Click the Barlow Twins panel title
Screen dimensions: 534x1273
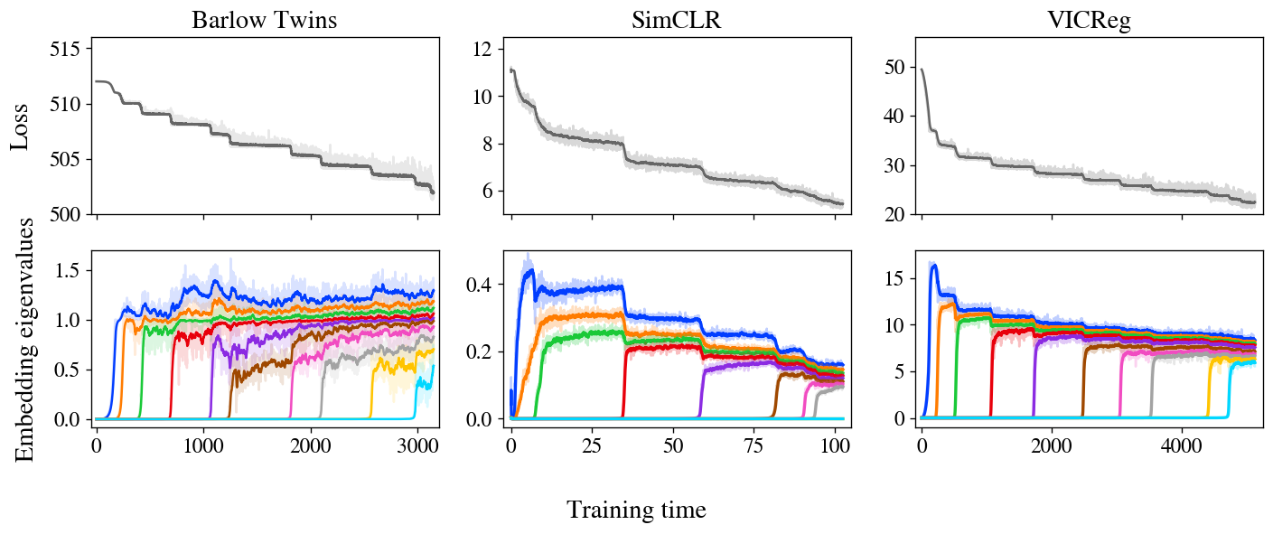click(x=265, y=21)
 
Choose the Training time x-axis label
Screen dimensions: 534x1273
click(x=636, y=511)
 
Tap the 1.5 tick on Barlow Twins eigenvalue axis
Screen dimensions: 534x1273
click(x=71, y=270)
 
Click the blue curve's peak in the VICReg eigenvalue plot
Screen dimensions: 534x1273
click(x=934, y=265)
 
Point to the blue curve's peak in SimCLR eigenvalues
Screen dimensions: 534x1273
click(x=530, y=269)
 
